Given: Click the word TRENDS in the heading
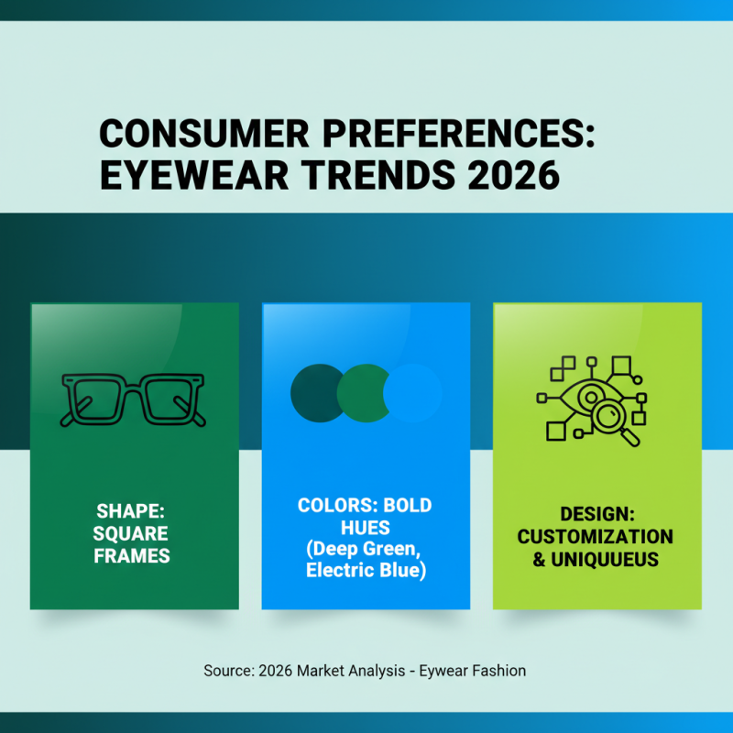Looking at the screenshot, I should (x=366, y=175).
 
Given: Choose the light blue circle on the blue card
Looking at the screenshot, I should (x=414, y=392).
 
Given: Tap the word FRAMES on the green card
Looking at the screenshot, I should (x=131, y=555).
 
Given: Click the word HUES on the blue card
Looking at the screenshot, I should (x=365, y=528).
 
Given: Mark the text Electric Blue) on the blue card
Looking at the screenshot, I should (x=365, y=572).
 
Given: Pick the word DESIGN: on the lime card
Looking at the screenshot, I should (x=596, y=515).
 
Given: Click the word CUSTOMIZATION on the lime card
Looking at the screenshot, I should (x=596, y=537).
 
